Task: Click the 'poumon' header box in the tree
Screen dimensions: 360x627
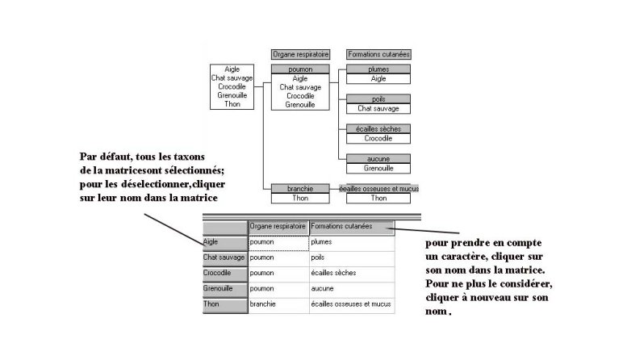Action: click(x=299, y=69)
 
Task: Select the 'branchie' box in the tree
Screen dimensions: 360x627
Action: click(x=299, y=189)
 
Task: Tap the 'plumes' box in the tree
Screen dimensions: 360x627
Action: click(x=378, y=69)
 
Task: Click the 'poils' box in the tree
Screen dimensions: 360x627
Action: click(x=378, y=99)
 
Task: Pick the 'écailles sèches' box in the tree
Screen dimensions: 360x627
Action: click(x=378, y=129)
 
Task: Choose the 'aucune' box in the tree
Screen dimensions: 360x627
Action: click(x=378, y=159)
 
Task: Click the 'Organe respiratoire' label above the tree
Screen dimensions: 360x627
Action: click(x=299, y=54)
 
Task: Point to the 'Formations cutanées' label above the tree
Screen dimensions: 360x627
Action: click(x=378, y=54)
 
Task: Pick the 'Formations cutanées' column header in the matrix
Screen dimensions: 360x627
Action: click(x=351, y=227)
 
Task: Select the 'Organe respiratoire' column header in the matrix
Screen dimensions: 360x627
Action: click(x=278, y=227)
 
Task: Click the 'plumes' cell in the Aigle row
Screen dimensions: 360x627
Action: click(x=351, y=241)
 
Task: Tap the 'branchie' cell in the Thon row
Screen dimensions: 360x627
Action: click(x=278, y=304)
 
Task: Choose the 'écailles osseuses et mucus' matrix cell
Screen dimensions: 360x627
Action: click(x=351, y=304)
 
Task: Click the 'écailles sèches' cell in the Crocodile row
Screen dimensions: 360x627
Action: click(x=351, y=273)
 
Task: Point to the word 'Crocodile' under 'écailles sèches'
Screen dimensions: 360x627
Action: click(x=378, y=138)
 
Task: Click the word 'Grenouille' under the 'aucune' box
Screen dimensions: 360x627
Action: click(x=378, y=168)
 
